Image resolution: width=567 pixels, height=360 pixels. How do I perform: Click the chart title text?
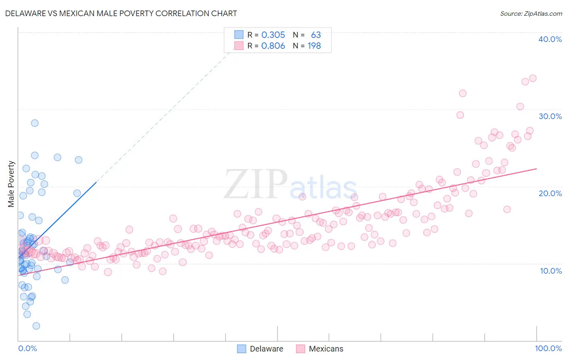(x=121, y=13)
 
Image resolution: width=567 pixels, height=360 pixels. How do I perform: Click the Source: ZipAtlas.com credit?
(x=531, y=13)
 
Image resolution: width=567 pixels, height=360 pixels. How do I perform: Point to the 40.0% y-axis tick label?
(x=550, y=39)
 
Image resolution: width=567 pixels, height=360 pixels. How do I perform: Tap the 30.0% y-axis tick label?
(x=550, y=116)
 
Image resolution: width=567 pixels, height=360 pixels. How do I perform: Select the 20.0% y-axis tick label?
(x=550, y=193)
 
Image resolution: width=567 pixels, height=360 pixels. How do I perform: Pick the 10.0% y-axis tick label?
(x=550, y=271)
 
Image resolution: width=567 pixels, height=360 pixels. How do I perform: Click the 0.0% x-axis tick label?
(x=27, y=348)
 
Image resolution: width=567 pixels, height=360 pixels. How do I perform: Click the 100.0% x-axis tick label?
(x=548, y=348)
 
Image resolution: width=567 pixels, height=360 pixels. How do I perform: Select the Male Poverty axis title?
(x=11, y=184)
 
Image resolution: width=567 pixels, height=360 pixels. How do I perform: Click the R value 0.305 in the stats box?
(x=273, y=35)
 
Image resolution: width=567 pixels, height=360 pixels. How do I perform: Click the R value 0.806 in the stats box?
(x=273, y=46)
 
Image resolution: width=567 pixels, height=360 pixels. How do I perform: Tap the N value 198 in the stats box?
(x=314, y=46)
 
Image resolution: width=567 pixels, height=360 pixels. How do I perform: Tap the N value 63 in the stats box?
(x=316, y=35)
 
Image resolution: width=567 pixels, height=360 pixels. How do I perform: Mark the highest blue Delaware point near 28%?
(x=35, y=123)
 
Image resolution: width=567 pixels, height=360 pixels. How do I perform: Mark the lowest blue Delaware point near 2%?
(x=36, y=326)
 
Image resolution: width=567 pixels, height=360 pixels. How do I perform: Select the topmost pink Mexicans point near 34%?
(x=533, y=78)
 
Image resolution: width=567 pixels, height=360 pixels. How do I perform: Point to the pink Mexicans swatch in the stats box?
(x=239, y=46)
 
